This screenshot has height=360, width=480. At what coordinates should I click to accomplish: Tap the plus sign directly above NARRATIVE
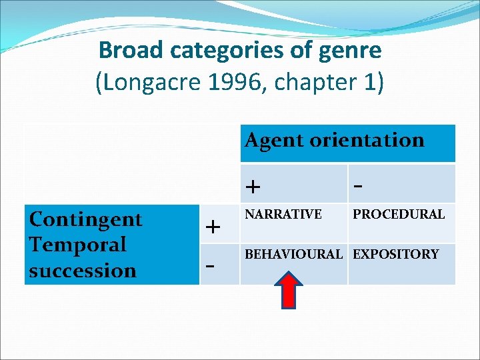253,186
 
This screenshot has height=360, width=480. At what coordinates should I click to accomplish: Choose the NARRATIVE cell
283,214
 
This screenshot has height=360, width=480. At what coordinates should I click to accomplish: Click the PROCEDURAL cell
398,214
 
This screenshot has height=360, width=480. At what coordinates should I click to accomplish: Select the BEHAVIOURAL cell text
293,254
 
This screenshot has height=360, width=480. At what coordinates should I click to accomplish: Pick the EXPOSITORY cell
395,254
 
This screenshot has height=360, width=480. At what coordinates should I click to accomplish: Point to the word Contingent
86,219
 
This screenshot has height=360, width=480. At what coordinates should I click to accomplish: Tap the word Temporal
77,245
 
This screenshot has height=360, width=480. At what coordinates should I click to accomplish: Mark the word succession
83,271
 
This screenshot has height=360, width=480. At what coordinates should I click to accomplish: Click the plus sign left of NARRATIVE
213,227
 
